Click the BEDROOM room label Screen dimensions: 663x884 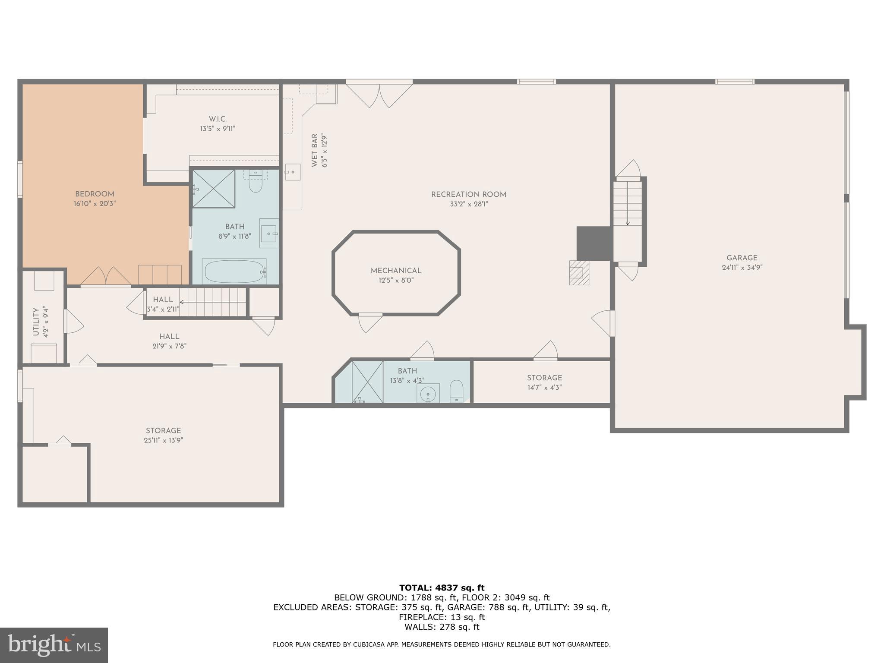(95, 194)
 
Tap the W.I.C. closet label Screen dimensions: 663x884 (218, 119)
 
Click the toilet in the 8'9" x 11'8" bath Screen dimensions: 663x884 (256, 184)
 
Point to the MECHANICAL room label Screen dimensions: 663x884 (396, 271)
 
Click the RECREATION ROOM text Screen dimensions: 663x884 (468, 195)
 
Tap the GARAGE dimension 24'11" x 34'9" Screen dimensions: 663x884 (742, 268)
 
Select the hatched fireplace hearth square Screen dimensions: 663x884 (579, 272)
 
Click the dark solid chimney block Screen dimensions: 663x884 (594, 243)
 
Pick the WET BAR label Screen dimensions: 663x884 (315, 150)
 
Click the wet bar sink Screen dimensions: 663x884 (292, 172)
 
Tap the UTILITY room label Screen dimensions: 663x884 (36, 322)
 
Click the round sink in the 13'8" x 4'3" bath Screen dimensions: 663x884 (428, 394)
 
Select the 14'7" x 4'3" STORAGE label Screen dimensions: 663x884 (544, 378)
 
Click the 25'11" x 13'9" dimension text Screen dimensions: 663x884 (163, 441)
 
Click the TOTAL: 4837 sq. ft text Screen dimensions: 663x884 (442, 588)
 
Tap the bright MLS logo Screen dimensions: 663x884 (54, 645)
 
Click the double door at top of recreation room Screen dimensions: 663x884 (379, 95)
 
